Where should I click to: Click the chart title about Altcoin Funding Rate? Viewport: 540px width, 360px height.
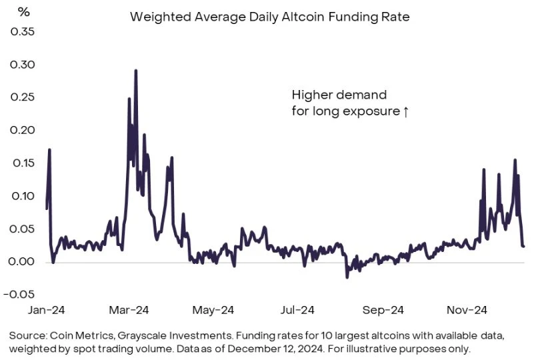tap(269, 17)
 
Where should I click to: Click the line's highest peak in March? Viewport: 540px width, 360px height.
tap(136, 70)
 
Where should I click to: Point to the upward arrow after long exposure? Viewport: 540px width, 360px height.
tap(405, 112)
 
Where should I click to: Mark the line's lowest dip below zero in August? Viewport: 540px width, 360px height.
tap(347, 277)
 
